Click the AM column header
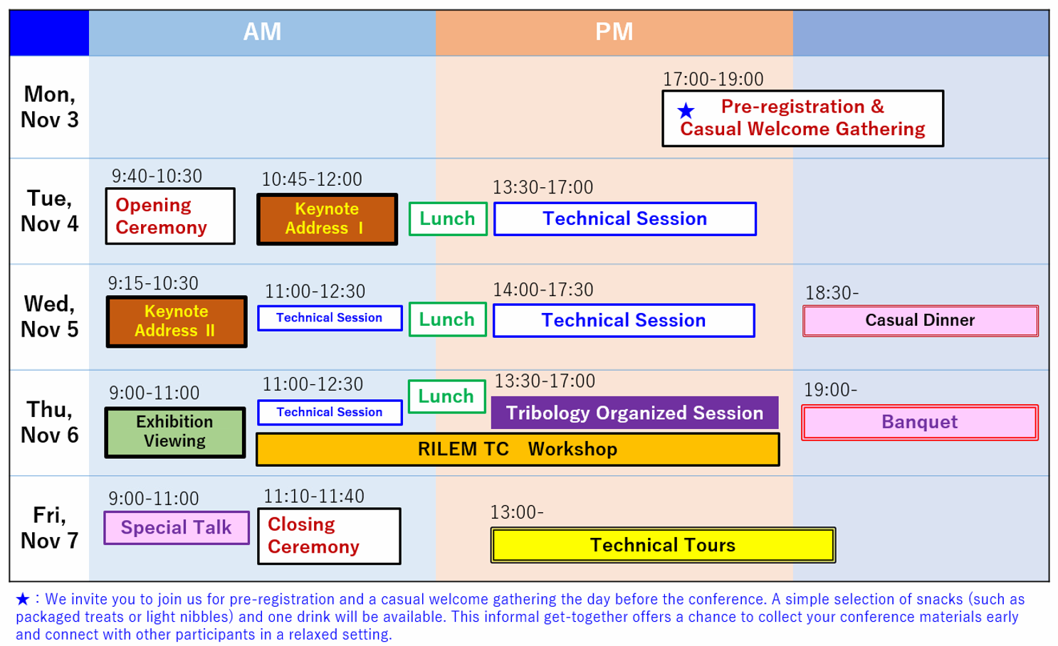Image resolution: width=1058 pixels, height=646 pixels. (262, 32)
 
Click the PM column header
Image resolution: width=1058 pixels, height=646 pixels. (614, 32)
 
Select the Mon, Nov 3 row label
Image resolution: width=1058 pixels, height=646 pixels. (49, 107)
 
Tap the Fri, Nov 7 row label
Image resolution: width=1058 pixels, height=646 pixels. (49, 528)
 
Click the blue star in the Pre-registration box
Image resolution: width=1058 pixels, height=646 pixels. (686, 110)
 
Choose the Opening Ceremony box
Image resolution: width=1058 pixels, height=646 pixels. (170, 216)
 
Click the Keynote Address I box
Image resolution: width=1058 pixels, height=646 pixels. (327, 218)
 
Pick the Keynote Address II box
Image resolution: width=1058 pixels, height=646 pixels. (176, 322)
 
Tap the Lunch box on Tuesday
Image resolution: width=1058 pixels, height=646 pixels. (447, 219)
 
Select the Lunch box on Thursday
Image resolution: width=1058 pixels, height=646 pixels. (446, 396)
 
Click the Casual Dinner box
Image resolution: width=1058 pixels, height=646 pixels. (920, 321)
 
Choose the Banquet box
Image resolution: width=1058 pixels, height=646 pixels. (919, 423)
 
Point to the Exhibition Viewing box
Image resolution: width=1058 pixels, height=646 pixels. (174, 432)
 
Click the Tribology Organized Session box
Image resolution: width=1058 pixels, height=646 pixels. (634, 413)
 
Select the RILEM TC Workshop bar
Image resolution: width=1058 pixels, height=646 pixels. (518, 450)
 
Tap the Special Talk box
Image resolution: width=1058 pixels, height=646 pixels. (177, 528)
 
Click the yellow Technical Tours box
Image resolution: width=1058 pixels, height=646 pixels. (662, 546)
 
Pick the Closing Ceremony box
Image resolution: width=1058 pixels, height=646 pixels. (329, 536)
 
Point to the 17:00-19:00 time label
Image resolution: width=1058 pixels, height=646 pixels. (713, 79)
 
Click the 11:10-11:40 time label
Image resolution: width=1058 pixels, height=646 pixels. (313, 496)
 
